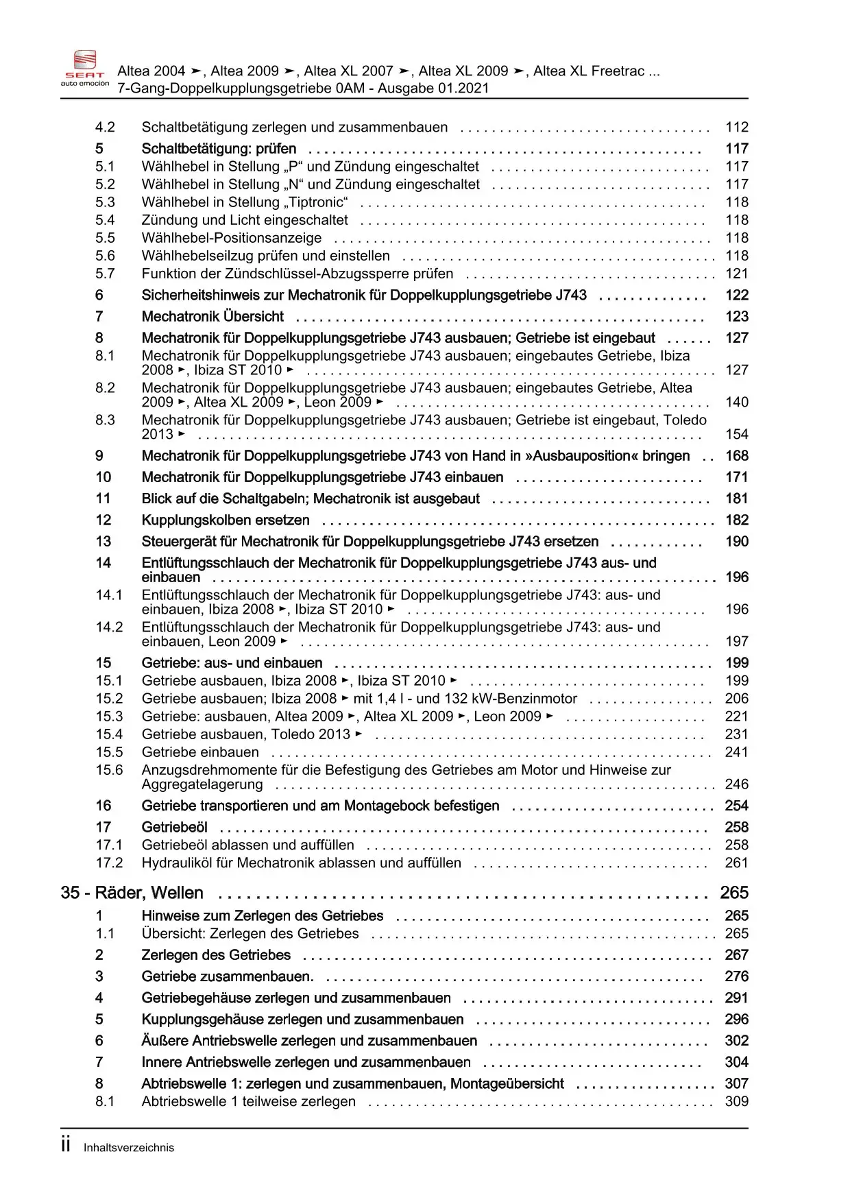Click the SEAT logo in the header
[85, 68]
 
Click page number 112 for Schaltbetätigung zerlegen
[737, 128]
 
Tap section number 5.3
[105, 202]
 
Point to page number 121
[737, 274]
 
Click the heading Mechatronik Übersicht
[212, 317]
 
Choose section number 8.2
[105, 388]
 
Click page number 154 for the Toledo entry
[737, 435]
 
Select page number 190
[737, 542]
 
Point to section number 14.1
[109, 595]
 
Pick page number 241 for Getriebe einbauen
[737, 752]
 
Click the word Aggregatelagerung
[202, 784]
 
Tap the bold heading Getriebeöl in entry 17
[174, 828]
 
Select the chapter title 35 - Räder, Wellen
[132, 893]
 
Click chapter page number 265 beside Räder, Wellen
[734, 893]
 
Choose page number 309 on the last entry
[737, 1102]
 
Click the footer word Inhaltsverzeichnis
[129, 1148]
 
